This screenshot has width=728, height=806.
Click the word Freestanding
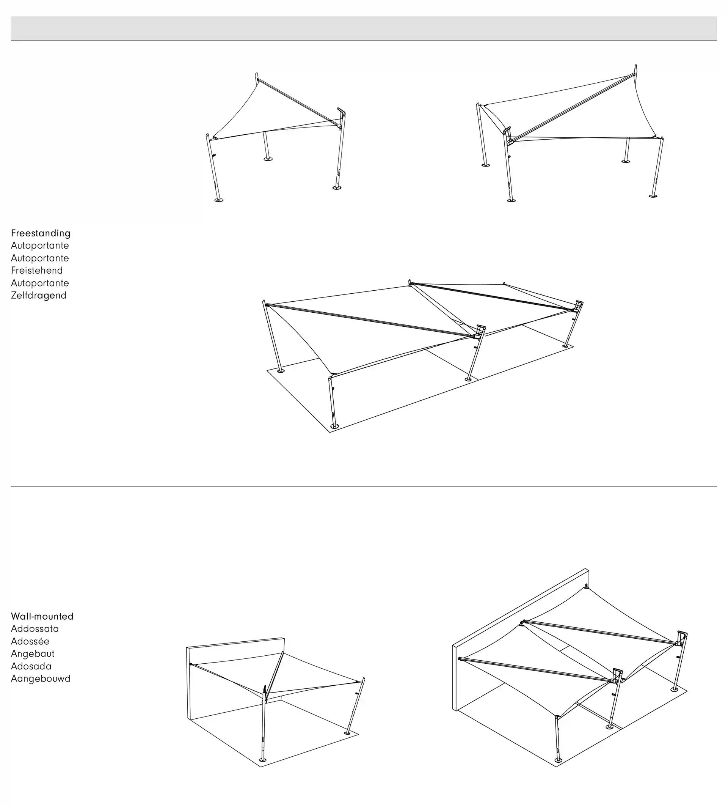pos(41,233)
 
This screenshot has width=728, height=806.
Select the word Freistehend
pos(37,270)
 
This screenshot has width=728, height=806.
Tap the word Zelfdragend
pos(39,296)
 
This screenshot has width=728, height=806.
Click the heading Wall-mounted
pos(42,616)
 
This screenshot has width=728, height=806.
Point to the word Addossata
pos(35,628)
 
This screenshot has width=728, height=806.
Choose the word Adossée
pos(30,641)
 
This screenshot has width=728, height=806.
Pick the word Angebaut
pos(33,654)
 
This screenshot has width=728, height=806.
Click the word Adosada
pos(31,666)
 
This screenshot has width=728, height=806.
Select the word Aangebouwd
pos(41,678)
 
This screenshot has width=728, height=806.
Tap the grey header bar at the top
pos(364,28)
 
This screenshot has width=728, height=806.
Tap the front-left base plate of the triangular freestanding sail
pos(218,200)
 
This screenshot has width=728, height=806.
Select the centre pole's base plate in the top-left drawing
pos(268,159)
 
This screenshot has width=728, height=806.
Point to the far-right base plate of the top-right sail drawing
pos(653,196)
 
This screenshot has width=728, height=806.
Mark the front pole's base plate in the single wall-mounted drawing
pos(262,760)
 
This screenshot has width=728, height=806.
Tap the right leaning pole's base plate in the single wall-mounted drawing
pos(347,733)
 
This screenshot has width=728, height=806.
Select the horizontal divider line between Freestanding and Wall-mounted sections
pos(364,486)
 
